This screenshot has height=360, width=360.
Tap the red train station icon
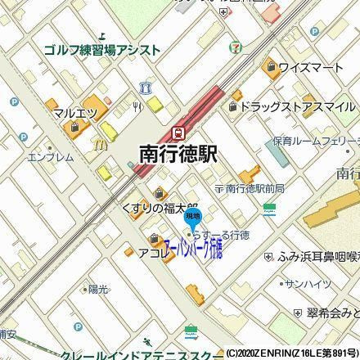click(x=178, y=133)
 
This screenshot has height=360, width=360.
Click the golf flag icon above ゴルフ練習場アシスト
click(x=102, y=35)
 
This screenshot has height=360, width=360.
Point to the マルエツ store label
click(x=76, y=112)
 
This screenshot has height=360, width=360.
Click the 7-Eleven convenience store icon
click(x=236, y=47)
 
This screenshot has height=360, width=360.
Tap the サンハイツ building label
click(x=308, y=283)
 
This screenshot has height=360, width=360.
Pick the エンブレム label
click(x=51, y=157)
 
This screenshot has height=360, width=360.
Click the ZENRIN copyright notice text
click(x=292, y=353)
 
